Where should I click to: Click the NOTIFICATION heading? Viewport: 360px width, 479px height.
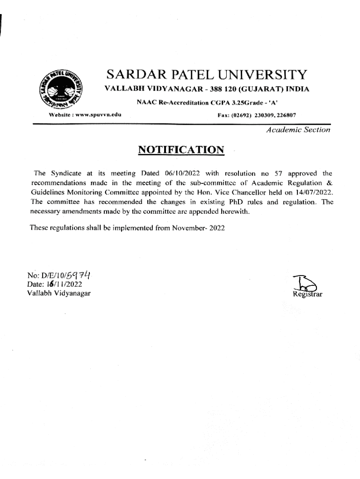pyautogui.click(x=181, y=150)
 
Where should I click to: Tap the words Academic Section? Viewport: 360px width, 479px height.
pyautogui.click(x=298, y=130)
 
